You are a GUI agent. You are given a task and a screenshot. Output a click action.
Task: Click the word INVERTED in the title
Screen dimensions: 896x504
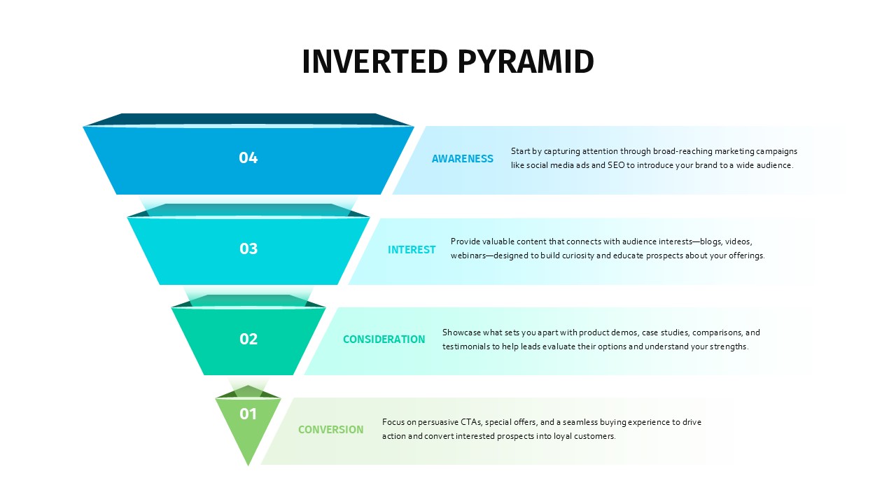[374, 62]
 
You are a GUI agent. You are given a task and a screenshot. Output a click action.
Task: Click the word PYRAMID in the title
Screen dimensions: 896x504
[526, 62]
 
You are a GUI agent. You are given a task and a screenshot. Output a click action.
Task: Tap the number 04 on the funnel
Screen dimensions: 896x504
[248, 157]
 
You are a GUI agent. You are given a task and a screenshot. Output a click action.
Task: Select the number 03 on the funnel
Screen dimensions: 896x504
[248, 248]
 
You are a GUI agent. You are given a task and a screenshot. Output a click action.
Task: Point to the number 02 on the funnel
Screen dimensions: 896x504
[248, 339]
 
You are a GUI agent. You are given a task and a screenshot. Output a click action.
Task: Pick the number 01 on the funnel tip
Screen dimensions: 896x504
[248, 414]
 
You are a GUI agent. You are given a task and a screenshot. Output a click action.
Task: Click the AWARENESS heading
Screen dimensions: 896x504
[463, 159]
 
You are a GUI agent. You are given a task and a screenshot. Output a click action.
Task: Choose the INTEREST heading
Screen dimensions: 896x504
[412, 250]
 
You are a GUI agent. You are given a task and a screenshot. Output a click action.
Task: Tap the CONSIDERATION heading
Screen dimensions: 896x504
[384, 339]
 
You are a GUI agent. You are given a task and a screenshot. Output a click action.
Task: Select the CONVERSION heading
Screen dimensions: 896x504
[331, 430]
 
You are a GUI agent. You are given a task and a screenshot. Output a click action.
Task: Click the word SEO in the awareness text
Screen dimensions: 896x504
[616, 165]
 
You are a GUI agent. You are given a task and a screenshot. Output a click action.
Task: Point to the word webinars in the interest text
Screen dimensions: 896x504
[468, 255]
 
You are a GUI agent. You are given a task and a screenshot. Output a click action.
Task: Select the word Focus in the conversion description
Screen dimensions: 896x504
[391, 422]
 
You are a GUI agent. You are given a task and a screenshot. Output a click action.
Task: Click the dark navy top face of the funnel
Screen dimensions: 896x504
[248, 119]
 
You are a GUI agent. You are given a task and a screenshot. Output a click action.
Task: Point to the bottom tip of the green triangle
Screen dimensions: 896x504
[248, 465]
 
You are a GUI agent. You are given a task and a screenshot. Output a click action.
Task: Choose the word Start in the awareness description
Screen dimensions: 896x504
[520, 151]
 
